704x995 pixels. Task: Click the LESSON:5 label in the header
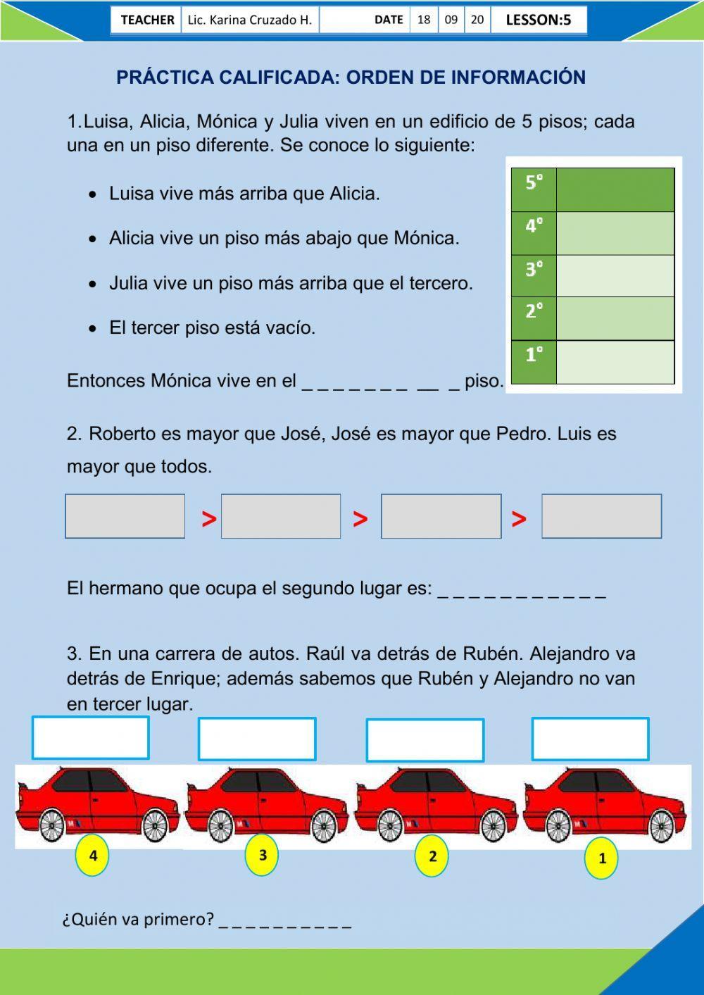[x=538, y=20]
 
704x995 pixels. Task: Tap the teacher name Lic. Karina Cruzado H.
[x=249, y=20]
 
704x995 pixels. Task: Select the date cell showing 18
[x=424, y=20]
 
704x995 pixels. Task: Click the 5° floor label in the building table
[x=534, y=183]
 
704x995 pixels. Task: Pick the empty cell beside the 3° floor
[x=615, y=275]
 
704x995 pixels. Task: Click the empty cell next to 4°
[x=615, y=233]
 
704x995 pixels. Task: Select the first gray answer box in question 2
[x=125, y=516]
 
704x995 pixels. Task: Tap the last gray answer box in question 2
[x=601, y=516]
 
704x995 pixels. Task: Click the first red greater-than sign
[x=209, y=520]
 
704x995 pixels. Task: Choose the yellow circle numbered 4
[x=93, y=856]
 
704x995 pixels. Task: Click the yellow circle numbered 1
[x=602, y=858]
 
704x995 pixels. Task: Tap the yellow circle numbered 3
[x=263, y=855]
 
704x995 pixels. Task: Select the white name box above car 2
[x=425, y=740]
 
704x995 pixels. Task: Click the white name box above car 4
[x=90, y=738]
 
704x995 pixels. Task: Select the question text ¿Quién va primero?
[x=138, y=919]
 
